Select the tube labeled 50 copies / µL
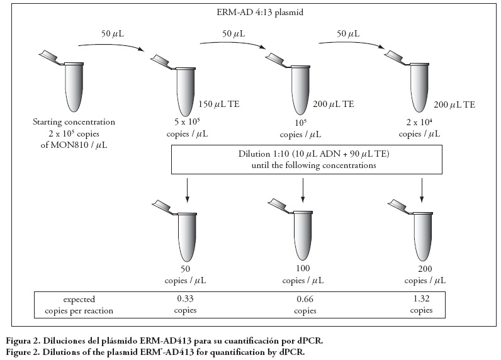coord(186,236)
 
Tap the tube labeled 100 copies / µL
coord(302,236)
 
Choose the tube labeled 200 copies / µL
coord(420,236)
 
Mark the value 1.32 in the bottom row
coord(421,299)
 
